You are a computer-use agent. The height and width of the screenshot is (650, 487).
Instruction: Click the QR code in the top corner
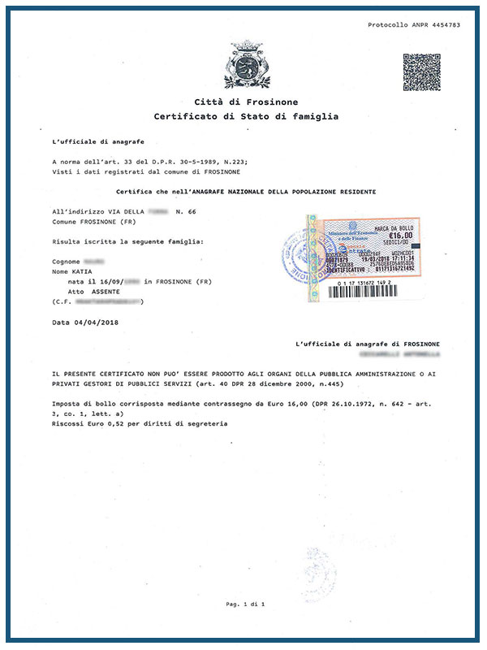coord(421,72)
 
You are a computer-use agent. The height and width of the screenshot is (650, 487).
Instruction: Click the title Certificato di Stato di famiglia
coord(246,116)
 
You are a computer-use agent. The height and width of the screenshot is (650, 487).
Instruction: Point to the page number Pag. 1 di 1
coord(246,605)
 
